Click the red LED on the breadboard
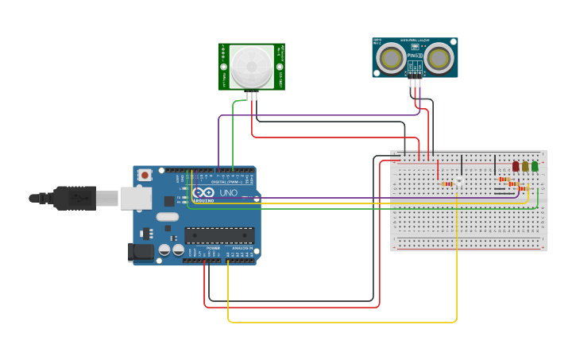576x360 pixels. [516, 166]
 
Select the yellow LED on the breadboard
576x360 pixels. [525, 166]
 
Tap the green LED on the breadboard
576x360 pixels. [535, 166]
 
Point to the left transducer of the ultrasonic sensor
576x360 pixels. [390, 57]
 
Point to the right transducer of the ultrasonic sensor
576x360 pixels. [439, 57]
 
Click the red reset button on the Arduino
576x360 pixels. [145, 175]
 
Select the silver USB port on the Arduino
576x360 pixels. [136, 198]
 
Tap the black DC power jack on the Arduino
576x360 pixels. [141, 252]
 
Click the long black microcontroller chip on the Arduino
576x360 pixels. [220, 234]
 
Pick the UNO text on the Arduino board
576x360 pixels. [228, 193]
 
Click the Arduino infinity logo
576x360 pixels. [203, 192]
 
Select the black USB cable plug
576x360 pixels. [75, 198]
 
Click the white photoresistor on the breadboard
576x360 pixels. [458, 183]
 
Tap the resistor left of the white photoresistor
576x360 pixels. [448, 184]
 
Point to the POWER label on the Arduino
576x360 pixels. [213, 248]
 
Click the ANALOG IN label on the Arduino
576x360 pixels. [242, 248]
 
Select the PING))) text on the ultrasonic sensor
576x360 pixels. [414, 55]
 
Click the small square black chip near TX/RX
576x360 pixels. [170, 201]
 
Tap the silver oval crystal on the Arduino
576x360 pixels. [168, 216]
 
